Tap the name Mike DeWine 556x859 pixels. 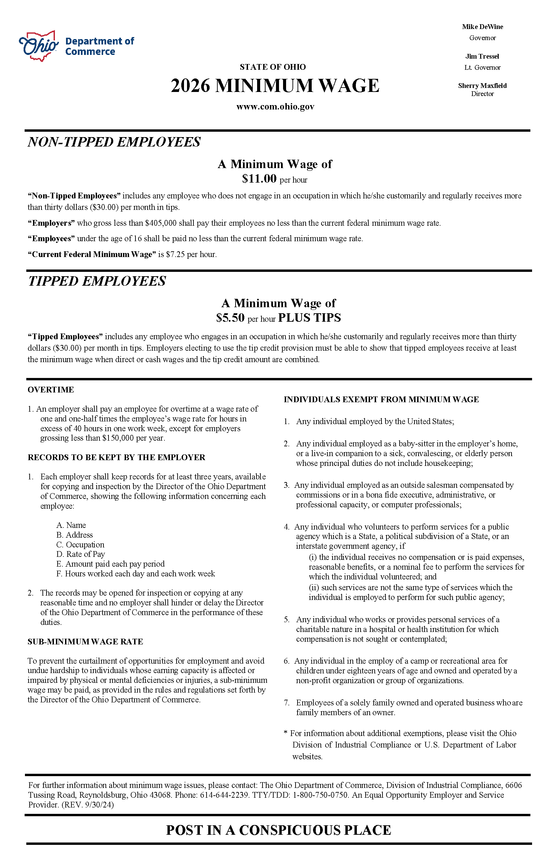[x=482, y=27]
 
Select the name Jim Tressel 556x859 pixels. [x=482, y=56]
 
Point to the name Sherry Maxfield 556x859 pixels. [x=482, y=86]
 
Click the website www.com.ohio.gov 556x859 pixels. [x=275, y=106]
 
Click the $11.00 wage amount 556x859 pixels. [x=259, y=178]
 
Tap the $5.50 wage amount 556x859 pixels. [x=230, y=318]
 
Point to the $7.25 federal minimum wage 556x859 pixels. [x=176, y=254]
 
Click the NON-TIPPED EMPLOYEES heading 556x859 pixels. [x=114, y=142]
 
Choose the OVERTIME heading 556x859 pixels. [x=51, y=389]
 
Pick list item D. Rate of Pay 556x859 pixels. [x=81, y=554]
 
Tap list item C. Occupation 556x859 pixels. [x=80, y=545]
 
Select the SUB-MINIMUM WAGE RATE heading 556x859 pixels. [x=85, y=642]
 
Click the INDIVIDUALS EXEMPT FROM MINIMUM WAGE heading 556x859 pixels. [x=381, y=400]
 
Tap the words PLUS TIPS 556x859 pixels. [x=309, y=318]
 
